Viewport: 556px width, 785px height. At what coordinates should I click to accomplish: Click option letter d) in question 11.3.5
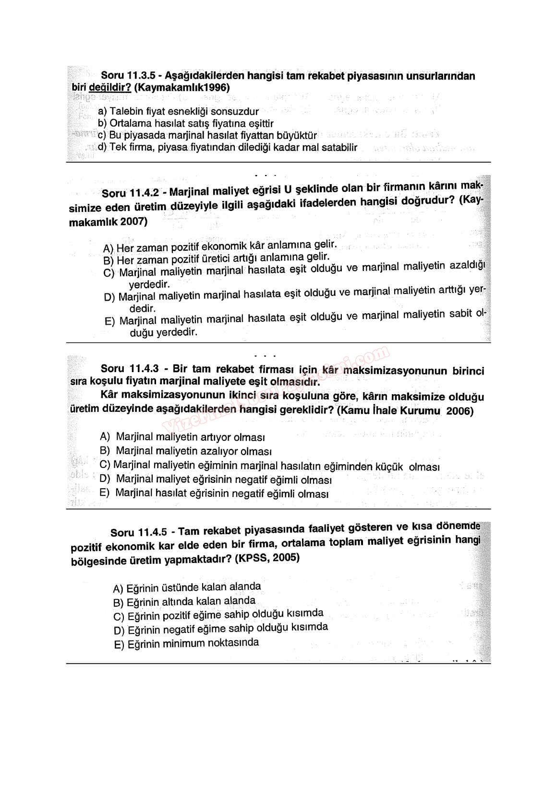point(102,147)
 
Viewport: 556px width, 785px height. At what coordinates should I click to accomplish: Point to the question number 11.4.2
point(144,192)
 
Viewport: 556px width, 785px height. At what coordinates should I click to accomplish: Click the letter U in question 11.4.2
point(288,188)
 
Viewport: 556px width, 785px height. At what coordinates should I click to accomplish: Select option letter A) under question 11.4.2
point(108,248)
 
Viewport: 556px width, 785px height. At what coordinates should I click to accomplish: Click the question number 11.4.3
point(144,369)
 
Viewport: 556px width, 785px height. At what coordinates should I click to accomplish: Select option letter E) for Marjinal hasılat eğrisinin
point(104,492)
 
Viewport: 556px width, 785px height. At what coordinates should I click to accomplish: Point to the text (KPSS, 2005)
point(267,558)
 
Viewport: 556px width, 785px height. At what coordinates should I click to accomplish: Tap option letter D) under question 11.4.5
point(119,630)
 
